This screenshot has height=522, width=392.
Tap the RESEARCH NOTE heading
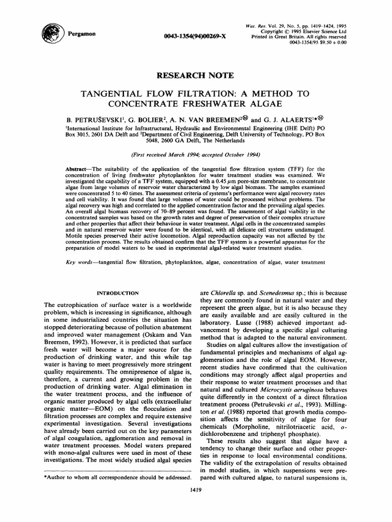point(196,75)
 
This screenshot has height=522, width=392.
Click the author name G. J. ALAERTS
point(307,116)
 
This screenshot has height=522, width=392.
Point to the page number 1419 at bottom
point(196,490)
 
